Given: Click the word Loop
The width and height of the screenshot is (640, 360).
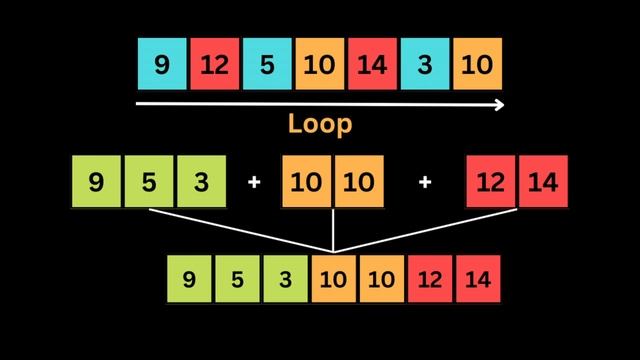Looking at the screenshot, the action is pyautogui.click(x=320, y=124).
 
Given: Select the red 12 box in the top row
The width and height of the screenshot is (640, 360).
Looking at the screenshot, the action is pyautogui.click(x=215, y=65).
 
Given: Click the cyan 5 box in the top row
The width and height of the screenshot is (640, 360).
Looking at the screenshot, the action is pyautogui.click(x=267, y=65).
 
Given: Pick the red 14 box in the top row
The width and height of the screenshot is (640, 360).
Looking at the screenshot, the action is pyautogui.click(x=372, y=65).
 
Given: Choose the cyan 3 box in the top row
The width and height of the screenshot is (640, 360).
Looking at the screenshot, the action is pyautogui.click(x=425, y=65).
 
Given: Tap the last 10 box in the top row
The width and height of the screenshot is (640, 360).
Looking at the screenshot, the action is pyautogui.click(x=477, y=65).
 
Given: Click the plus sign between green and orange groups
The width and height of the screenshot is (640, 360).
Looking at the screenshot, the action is pyautogui.click(x=254, y=183).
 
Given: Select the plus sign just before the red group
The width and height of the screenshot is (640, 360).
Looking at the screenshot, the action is pyautogui.click(x=425, y=183).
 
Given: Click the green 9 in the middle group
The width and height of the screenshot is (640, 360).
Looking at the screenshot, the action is pyautogui.click(x=97, y=182).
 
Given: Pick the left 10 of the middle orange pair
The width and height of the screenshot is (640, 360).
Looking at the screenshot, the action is pyautogui.click(x=307, y=182).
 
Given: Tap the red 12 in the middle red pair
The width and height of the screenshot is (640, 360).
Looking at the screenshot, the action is pyautogui.click(x=491, y=182).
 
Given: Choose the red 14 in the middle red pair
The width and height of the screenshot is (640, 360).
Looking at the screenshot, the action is pyautogui.click(x=543, y=182).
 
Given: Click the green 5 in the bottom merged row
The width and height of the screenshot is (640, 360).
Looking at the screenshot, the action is pyautogui.click(x=237, y=279).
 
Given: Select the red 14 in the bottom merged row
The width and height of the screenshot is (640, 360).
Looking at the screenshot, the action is pyautogui.click(x=478, y=279).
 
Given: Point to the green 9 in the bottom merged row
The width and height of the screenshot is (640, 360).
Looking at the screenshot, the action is pyautogui.click(x=190, y=279).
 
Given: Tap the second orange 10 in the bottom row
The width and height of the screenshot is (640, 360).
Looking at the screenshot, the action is pyautogui.click(x=382, y=279).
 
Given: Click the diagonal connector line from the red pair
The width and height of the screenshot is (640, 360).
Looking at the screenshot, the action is pyautogui.click(x=430, y=230).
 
